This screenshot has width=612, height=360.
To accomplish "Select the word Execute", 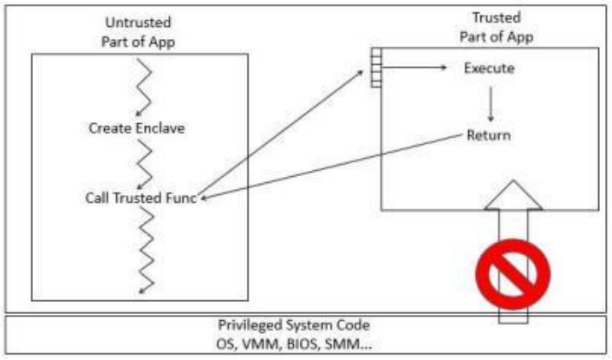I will pos(490,68).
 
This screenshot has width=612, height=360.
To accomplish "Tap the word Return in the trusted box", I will pos(489,136).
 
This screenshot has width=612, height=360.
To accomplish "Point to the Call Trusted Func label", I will pos(142,198).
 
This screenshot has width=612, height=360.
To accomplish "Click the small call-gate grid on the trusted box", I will pos(376,67).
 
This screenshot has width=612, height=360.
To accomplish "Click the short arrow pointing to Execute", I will pos(415,68).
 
